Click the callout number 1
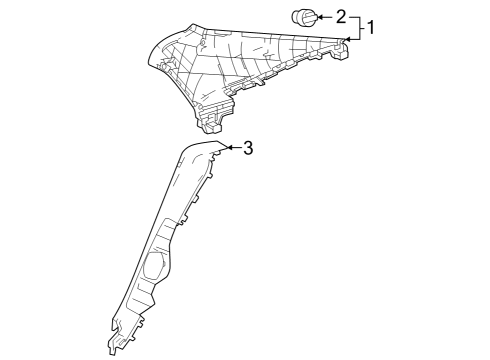click(x=370, y=27)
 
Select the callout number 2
click(x=341, y=17)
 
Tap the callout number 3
click(x=248, y=148)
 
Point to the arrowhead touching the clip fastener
click(x=319, y=17)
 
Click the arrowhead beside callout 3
click(x=229, y=147)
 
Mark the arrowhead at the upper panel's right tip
click(x=347, y=40)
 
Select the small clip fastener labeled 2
click(x=304, y=17)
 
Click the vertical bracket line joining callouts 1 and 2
click(x=360, y=28)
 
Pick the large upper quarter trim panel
click(x=247, y=78)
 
